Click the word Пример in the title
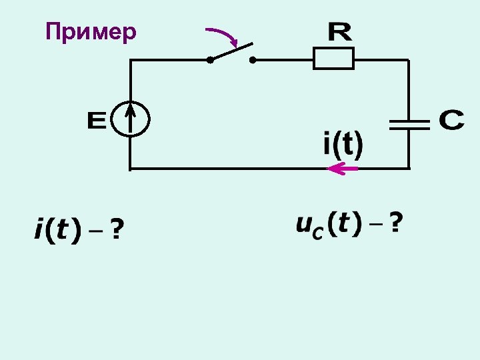[x=91, y=31]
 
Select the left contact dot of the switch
[x=209, y=60]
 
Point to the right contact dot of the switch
[x=253, y=60]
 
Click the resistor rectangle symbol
[x=333, y=59]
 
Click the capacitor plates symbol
[x=408, y=123]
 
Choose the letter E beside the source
[x=97, y=121]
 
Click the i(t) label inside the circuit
[x=343, y=145]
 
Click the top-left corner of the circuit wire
[x=130, y=60]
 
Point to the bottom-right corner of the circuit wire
[x=408, y=168]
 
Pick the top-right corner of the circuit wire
[x=408, y=60]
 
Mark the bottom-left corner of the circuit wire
[x=130, y=168]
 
